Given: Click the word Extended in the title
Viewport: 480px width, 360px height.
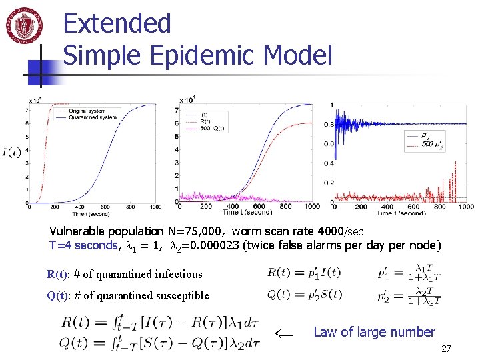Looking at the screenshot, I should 117,24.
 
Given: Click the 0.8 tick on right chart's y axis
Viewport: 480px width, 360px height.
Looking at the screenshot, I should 328,125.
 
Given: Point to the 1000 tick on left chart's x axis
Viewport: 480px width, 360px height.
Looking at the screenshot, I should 151,207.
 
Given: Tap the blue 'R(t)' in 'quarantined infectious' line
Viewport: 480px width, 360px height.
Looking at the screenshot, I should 57,274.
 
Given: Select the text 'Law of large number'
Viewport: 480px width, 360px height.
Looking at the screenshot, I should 373,331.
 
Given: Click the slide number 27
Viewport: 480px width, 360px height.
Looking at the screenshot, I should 446,349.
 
